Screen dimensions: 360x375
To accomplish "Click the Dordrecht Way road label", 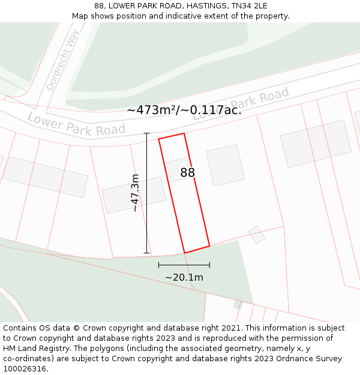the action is (x=63, y=60).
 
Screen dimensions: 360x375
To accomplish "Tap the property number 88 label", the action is (x=188, y=173).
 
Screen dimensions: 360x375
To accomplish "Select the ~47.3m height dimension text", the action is (x=136, y=193).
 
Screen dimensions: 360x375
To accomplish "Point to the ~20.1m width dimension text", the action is (x=184, y=277).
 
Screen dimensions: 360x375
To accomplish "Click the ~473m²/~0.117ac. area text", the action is (x=184, y=110).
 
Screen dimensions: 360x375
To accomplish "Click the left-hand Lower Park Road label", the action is (x=76, y=124).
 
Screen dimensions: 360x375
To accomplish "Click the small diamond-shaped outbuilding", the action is (x=257, y=235).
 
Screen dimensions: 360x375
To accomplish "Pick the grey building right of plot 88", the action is (x=225, y=165).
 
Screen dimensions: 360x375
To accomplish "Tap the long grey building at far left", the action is (x=45, y=177).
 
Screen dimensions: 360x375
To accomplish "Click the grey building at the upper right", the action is (x=316, y=143).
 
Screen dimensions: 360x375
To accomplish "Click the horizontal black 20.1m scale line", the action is (x=184, y=265).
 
